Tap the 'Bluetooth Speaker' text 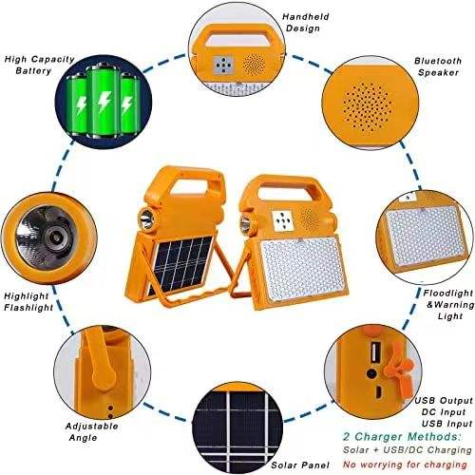[441, 66]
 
